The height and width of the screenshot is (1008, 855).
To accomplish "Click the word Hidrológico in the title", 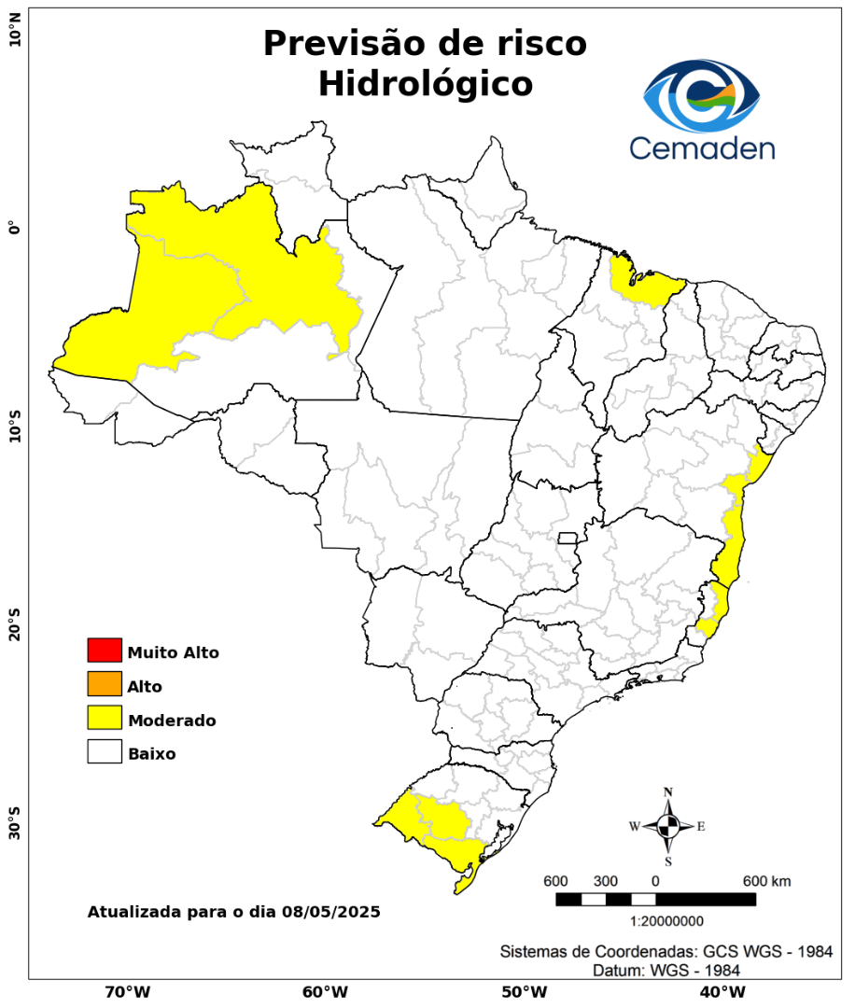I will pos(425,84).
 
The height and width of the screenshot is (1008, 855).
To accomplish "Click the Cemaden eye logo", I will pos(702,96).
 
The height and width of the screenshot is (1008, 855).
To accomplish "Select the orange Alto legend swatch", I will pos(105,684).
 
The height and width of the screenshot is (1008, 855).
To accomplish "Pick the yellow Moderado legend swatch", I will pos(105,718).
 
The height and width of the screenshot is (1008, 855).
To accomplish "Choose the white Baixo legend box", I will pos(105,751).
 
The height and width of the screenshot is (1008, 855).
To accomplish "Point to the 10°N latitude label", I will pos(15,37).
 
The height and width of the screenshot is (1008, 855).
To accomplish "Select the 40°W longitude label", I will pos(720,991).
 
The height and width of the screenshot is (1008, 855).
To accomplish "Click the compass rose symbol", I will pos(668,826).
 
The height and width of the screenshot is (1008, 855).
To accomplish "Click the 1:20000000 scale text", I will pos(667,921).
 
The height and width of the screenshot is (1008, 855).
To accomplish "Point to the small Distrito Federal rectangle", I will pos(568,538).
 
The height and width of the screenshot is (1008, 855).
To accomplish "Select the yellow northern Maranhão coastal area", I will pos(644,285).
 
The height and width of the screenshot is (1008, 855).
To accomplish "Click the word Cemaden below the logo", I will pos(701,147).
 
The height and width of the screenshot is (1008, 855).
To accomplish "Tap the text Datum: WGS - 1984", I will pos(667,971).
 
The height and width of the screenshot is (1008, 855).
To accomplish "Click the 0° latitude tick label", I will pos(15,229).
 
